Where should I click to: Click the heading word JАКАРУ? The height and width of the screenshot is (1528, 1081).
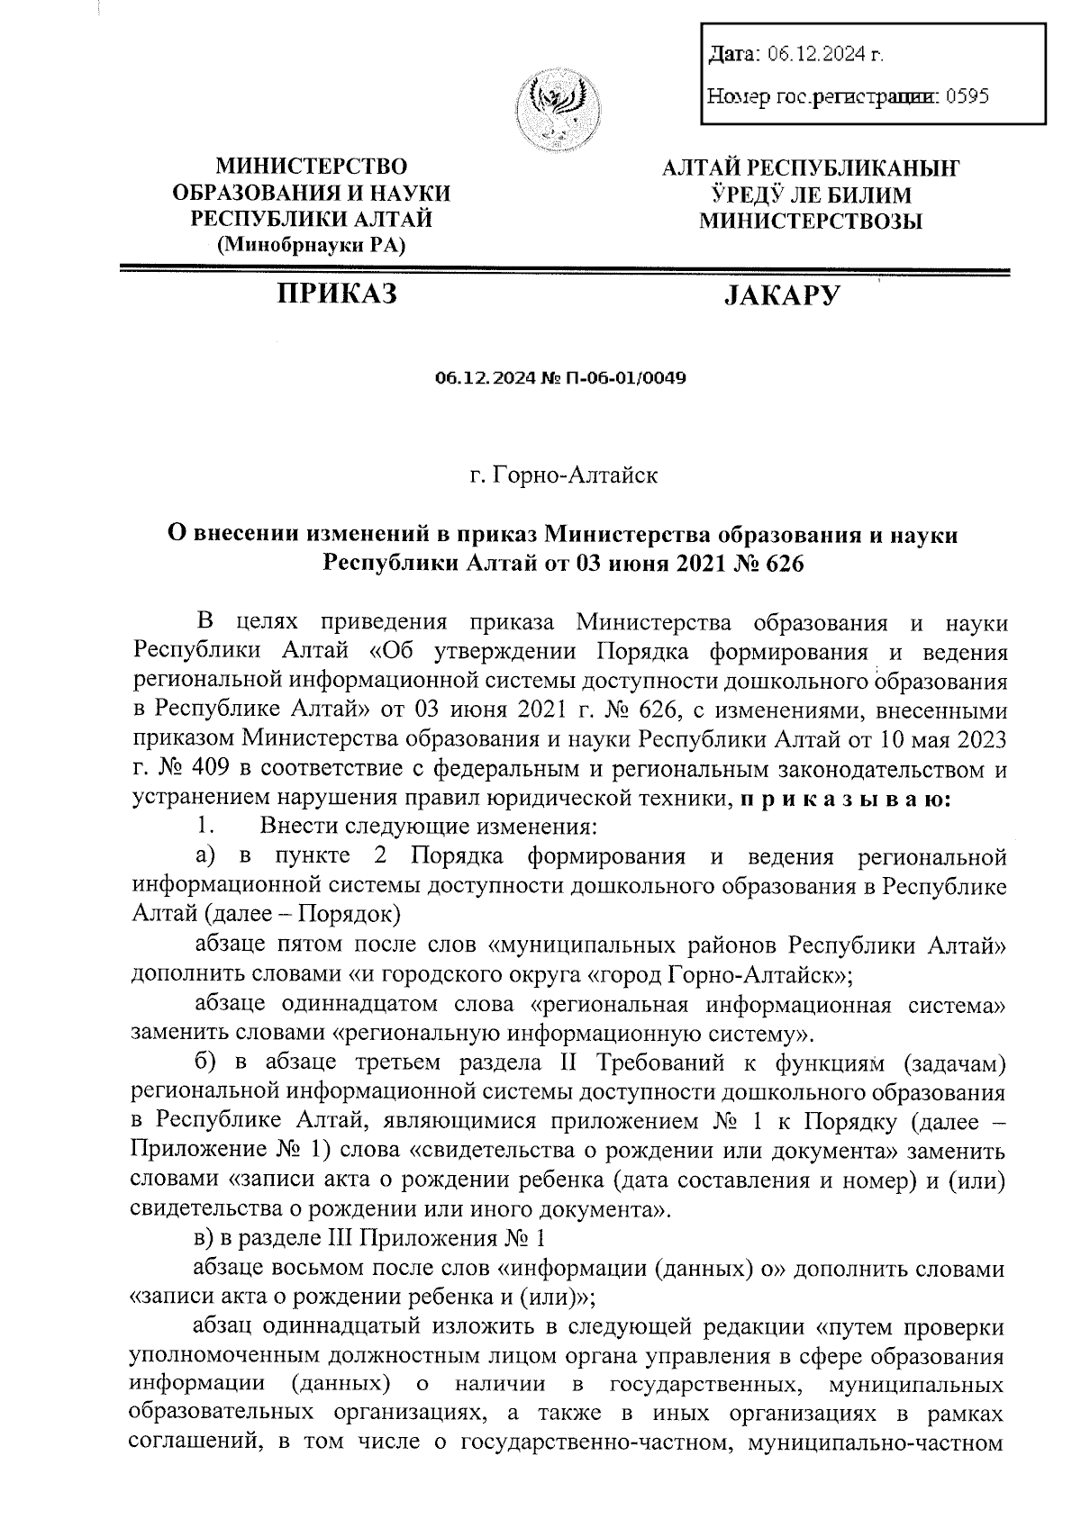[782, 295]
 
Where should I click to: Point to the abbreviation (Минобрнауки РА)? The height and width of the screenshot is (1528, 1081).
[312, 244]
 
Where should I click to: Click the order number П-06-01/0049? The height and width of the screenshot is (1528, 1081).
[627, 378]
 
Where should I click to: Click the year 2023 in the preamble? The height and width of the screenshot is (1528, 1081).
[977, 740]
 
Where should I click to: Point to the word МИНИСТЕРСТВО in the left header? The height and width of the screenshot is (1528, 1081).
[312, 166]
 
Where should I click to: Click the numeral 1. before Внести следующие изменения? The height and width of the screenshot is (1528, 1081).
[206, 826]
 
